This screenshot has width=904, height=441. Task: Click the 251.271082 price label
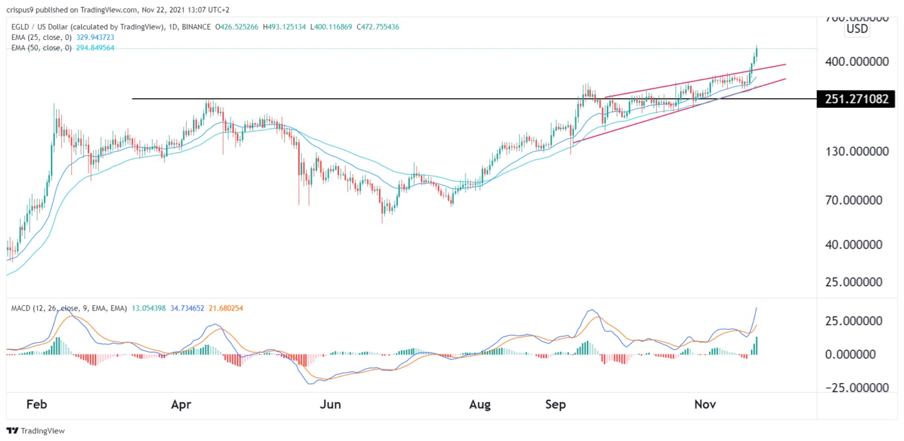(856, 99)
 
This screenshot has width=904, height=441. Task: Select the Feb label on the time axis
(37, 405)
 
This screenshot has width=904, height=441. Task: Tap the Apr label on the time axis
(181, 405)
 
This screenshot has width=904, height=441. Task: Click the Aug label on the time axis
(480, 405)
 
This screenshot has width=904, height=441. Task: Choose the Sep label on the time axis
(555, 405)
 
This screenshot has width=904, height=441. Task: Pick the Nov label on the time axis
(705, 405)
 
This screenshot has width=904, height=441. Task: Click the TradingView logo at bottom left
(36, 431)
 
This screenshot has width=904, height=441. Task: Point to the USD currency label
(858, 30)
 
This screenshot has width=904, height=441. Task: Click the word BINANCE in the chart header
(198, 26)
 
